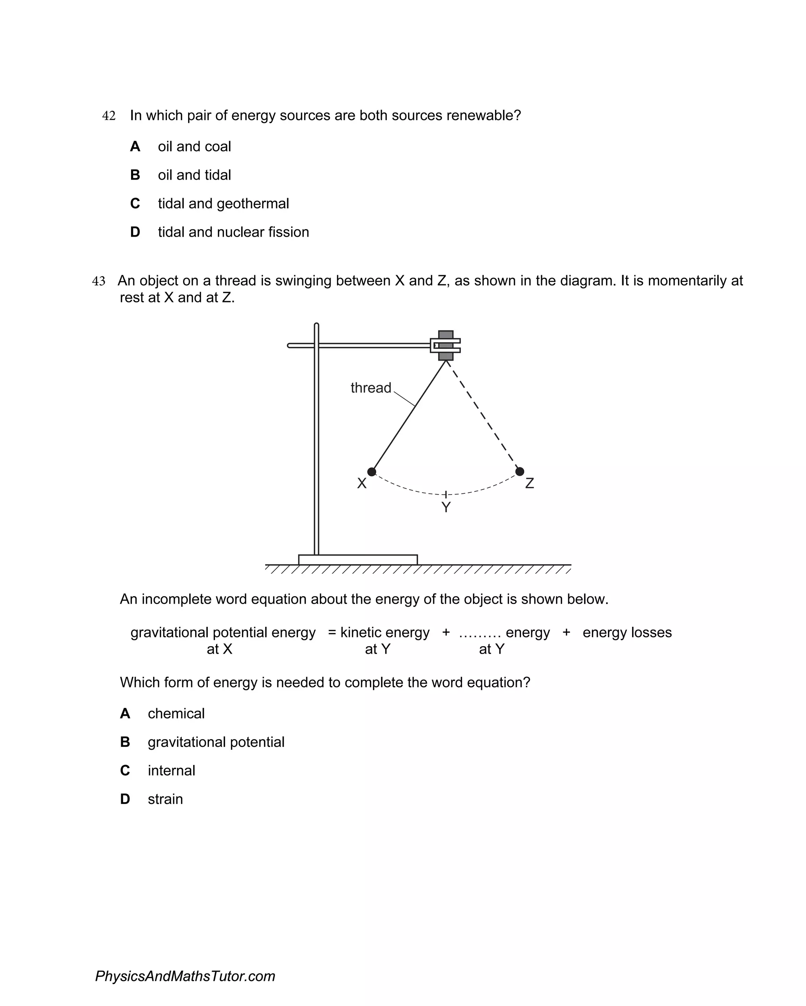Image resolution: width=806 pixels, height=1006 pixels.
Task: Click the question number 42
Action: coord(109,116)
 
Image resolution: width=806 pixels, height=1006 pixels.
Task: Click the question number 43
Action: coord(98,282)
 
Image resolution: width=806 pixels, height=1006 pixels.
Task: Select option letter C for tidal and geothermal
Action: coord(135,204)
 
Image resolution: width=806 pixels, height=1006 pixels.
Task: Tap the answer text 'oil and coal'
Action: coord(194,146)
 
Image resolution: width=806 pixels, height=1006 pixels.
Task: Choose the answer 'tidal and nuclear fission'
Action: coord(233,232)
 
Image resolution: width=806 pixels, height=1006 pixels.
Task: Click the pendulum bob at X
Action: coord(372,472)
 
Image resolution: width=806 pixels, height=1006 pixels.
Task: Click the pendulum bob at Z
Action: coord(519,471)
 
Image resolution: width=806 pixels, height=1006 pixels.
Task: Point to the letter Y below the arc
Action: coord(446,507)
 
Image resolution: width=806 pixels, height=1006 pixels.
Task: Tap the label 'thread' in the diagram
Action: coord(371,388)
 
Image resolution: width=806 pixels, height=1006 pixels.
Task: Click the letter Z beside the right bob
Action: coord(529,484)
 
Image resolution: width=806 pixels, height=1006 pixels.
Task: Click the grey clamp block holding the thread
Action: coord(446,345)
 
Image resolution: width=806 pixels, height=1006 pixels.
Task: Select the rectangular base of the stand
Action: coord(358,560)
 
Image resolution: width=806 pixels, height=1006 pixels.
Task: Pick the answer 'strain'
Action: coord(165,799)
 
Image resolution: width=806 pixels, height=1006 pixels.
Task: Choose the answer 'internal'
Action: coord(171,771)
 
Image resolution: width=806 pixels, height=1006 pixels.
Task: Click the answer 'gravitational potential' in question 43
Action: coord(216,742)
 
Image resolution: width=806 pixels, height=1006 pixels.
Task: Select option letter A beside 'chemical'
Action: coord(125,714)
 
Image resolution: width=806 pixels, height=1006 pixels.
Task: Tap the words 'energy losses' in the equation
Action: coord(627,633)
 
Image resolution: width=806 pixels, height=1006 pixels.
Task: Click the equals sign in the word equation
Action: coord(332,633)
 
